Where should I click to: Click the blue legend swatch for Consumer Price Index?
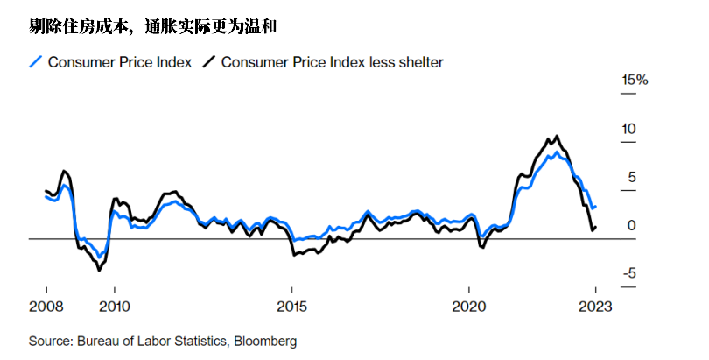pyautogui.click(x=36, y=62)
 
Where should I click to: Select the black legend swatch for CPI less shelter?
pyautogui.click(x=208, y=62)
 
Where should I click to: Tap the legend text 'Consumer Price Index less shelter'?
pyautogui.click(x=332, y=62)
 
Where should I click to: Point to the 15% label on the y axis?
pyautogui.click(x=634, y=80)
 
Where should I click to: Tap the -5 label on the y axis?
pyautogui.click(x=629, y=274)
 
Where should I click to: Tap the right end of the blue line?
pyautogui.click(x=596, y=207)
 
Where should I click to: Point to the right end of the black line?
pyautogui.click(x=596, y=228)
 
